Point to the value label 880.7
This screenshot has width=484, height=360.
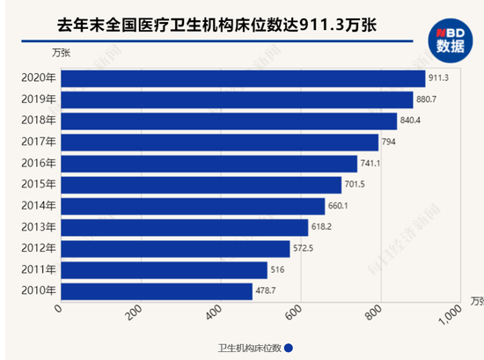(x=429, y=99)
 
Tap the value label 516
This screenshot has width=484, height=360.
(x=278, y=270)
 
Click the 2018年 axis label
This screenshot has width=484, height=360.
(x=38, y=121)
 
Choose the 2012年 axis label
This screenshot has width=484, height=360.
(x=38, y=249)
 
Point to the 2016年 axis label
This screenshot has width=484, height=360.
(x=38, y=164)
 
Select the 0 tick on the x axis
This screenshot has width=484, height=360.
(x=58, y=309)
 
